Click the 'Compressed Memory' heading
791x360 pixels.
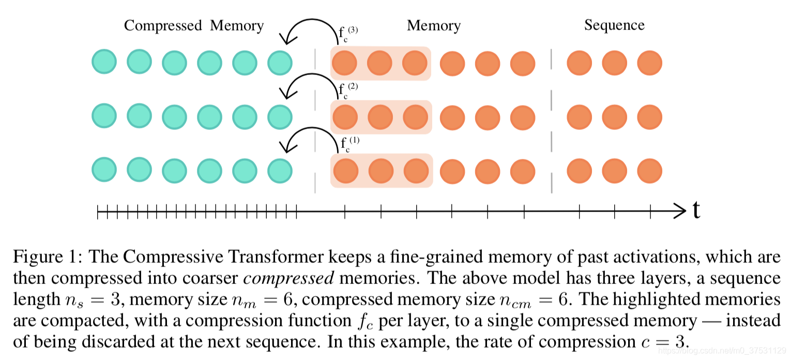click(194, 26)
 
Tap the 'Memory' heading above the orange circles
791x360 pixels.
click(433, 26)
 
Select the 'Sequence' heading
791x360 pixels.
click(614, 25)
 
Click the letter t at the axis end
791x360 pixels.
click(696, 211)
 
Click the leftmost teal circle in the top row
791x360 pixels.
click(104, 62)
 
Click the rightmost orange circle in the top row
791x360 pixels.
click(649, 63)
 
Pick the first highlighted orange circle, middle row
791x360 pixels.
click(345, 117)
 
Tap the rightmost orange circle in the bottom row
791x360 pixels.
click(649, 171)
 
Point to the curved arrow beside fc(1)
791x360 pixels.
click(310, 139)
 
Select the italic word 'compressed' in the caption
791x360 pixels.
click(289, 278)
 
